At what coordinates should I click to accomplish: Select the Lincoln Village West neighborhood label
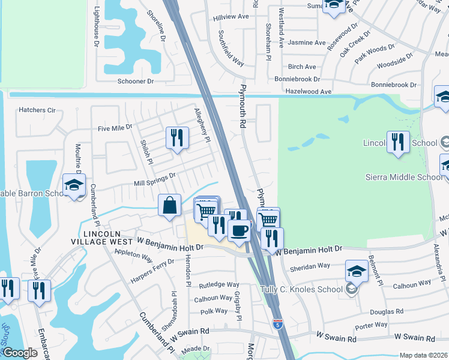click(108, 237)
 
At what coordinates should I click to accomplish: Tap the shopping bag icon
click(170, 205)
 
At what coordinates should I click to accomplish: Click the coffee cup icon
click(239, 230)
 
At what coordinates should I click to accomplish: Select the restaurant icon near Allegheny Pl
click(176, 138)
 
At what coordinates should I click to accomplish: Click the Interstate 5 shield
click(277, 324)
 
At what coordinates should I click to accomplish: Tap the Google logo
click(20, 353)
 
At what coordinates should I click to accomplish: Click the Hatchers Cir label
click(37, 110)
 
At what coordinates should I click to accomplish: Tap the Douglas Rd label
click(386, 312)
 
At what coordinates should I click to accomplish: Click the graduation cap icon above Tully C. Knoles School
click(357, 271)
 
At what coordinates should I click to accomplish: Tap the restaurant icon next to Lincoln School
click(398, 142)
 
